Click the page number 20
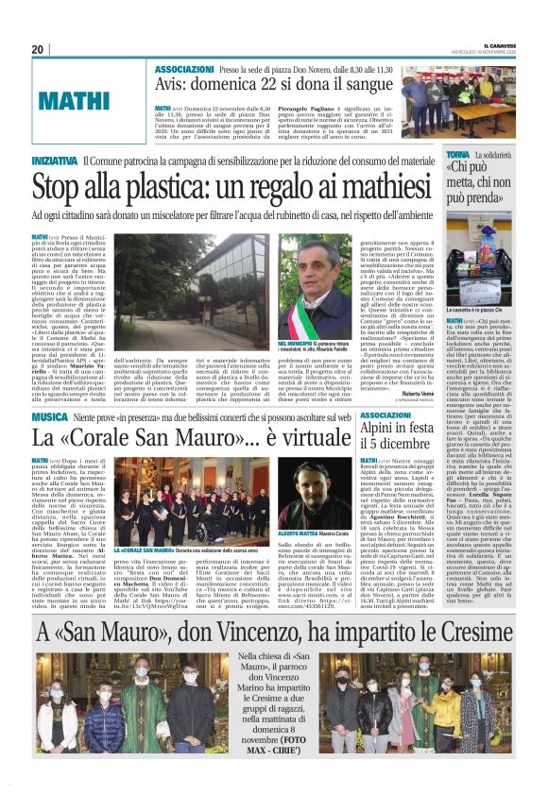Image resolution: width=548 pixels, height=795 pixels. tap(38, 49)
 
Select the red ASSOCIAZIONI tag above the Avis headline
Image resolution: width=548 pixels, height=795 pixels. tap(183, 71)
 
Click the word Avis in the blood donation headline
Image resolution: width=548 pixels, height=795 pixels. tap(173, 88)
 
